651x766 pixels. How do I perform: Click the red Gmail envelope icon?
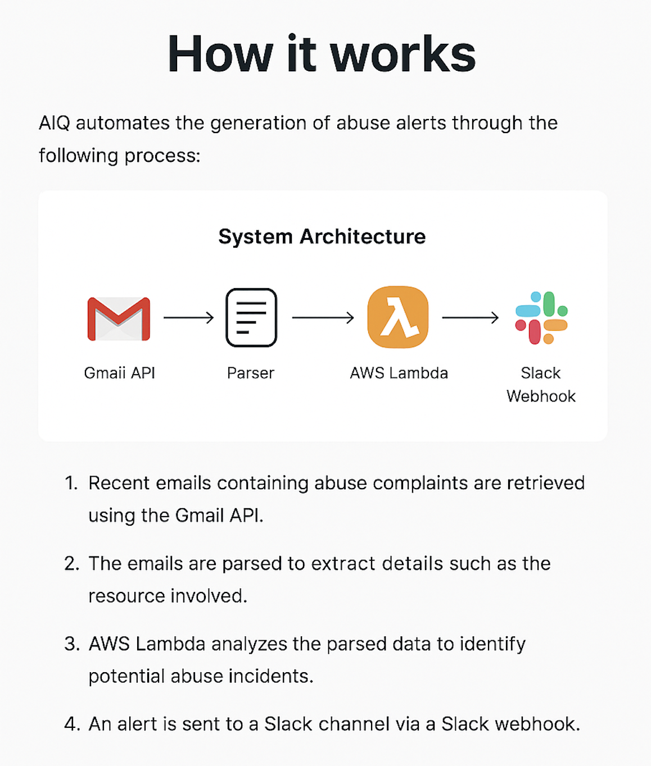pos(119,318)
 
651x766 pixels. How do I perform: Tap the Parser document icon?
pos(251,317)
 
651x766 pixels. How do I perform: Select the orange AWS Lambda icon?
pos(398,317)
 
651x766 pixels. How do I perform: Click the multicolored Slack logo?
pos(541,317)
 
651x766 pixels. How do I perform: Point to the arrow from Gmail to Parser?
pos(189,318)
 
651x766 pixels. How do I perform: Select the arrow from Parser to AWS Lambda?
pos(323,318)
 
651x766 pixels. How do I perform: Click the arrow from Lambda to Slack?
pos(471,318)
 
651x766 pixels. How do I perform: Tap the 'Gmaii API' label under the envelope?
pos(119,373)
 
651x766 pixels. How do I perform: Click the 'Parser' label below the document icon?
pos(251,373)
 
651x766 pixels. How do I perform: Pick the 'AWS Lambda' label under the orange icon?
pos(399,373)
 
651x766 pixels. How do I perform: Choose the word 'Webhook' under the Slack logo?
pos(541,396)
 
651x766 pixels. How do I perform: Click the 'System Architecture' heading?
pos(322,236)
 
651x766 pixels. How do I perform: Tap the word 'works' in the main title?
pos(403,54)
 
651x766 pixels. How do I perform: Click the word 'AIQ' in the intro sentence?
pos(54,123)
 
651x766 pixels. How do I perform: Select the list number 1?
pos(71,483)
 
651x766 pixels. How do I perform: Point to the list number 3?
pos(71,644)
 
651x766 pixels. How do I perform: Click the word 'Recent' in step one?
pos(119,483)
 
